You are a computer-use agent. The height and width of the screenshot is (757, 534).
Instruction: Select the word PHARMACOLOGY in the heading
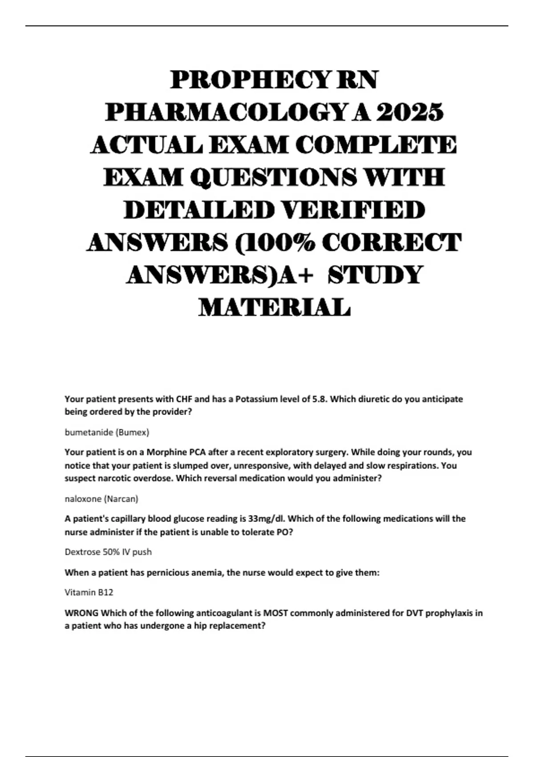pyautogui.click(x=225, y=113)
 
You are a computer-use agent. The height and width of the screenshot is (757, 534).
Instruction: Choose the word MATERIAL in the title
pyautogui.click(x=275, y=307)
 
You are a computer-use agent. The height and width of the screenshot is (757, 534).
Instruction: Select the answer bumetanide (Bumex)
pyautogui.click(x=107, y=432)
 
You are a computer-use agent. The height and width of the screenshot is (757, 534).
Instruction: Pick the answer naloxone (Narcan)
pyautogui.click(x=101, y=499)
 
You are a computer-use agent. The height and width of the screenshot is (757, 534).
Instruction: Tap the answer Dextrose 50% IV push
pyautogui.click(x=108, y=552)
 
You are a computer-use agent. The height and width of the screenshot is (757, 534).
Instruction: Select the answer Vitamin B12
pyautogui.click(x=89, y=592)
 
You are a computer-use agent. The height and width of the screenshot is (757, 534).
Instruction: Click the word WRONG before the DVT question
pyautogui.click(x=81, y=613)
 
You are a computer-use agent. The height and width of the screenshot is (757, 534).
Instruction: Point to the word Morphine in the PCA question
pyautogui.click(x=166, y=452)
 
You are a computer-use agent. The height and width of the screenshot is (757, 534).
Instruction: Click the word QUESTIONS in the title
pyautogui.click(x=273, y=177)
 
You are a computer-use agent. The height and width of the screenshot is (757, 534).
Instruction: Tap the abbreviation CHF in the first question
pyautogui.click(x=184, y=399)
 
